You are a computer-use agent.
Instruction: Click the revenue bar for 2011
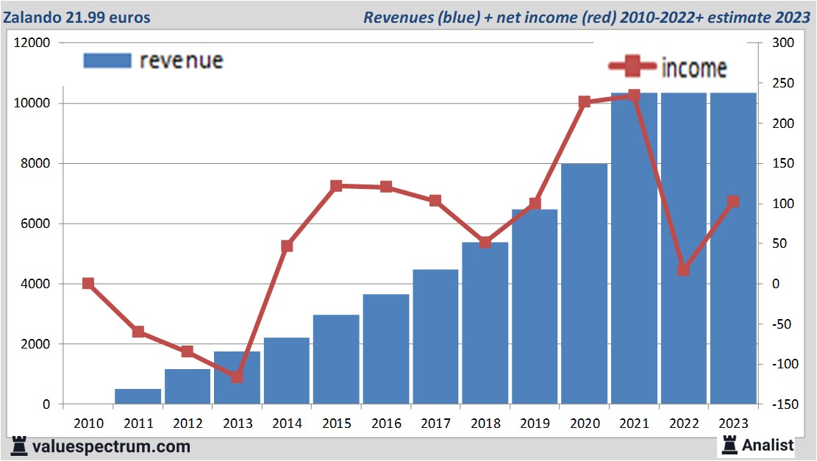point(138,396)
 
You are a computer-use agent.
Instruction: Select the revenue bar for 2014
point(287,371)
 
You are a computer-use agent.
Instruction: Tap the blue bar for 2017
point(435,337)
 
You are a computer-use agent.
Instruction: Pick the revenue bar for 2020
point(585,284)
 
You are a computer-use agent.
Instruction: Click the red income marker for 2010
point(88,283)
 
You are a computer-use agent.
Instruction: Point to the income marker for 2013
point(237,377)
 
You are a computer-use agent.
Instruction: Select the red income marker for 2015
point(336,186)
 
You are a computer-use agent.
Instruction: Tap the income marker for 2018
point(485,242)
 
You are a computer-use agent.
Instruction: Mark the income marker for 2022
point(683,270)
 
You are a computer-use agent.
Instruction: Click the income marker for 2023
point(733,201)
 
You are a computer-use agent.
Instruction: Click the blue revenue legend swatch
point(107,61)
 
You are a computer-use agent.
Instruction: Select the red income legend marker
point(632,68)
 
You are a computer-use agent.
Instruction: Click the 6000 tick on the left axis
point(35,224)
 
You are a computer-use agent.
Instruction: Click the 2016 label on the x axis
point(386,424)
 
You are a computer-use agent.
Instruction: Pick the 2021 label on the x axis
point(634,424)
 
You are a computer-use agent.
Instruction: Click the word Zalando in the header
point(32,17)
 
